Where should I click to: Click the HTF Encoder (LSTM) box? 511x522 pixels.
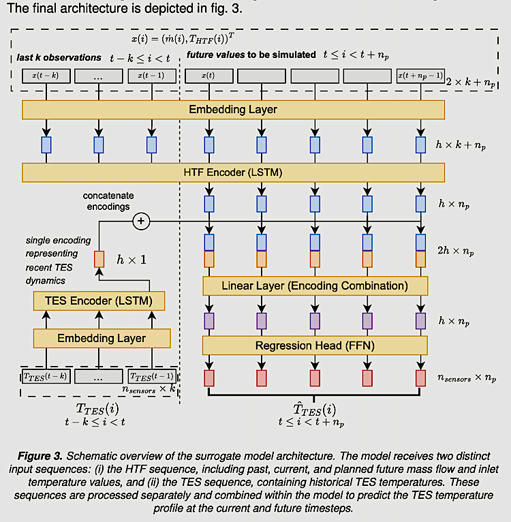tap(233, 172)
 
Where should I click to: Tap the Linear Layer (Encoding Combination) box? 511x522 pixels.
tap(314, 285)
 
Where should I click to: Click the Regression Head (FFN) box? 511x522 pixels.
tap(314, 346)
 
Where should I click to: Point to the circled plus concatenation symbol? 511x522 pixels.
tap(142, 221)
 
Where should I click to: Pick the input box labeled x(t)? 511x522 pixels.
tap(209, 76)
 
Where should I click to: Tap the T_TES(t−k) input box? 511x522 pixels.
tap(45, 375)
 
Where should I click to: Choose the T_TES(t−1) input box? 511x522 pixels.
tap(151, 375)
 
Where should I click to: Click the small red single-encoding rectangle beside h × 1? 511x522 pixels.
tap(99, 259)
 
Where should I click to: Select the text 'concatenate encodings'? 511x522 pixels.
tap(109, 201)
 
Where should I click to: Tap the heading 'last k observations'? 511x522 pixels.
tap(59, 57)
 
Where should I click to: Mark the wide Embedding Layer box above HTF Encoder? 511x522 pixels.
tap(233, 109)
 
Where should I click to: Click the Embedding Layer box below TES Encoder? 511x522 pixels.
tap(102, 338)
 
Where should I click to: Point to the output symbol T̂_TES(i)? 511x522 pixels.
tap(314, 410)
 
